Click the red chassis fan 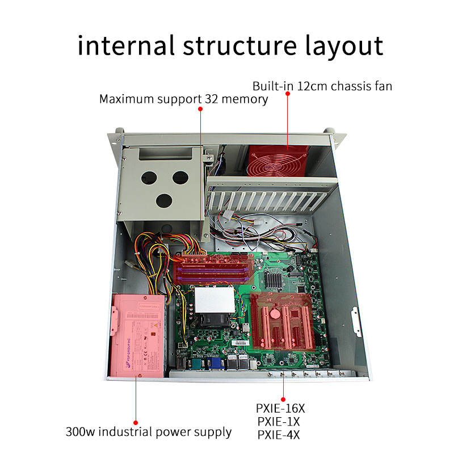pyautogui.click(x=278, y=161)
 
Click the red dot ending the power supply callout pyautogui.click(x=136, y=422)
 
